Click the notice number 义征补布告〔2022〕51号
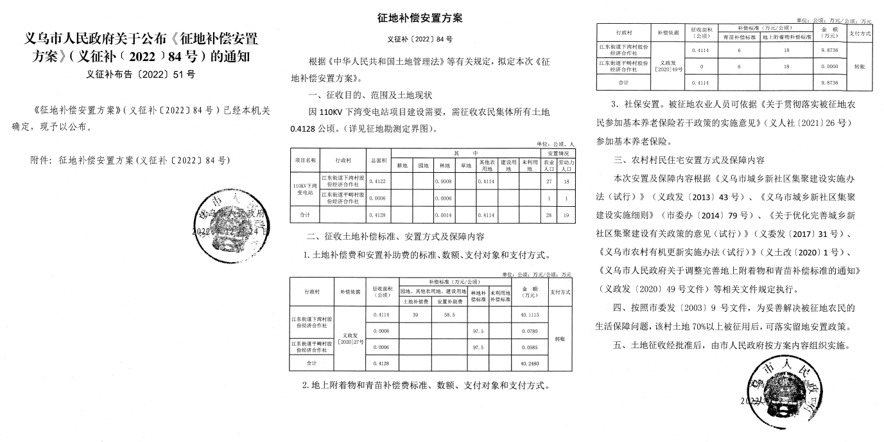coord(140,74)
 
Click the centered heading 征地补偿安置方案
coord(420,18)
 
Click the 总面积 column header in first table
coord(377,159)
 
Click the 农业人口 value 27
coord(548,182)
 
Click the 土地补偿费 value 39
coord(415,315)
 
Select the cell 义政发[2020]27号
coord(350,339)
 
